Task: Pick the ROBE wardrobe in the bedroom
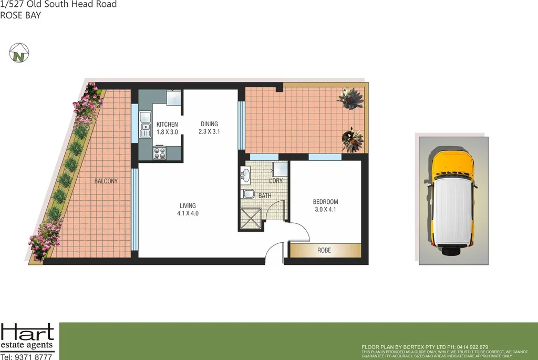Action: pyautogui.click(x=324, y=250)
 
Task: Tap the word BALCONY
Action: pyautogui.click(x=106, y=181)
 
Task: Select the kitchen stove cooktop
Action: pyautogui.click(x=159, y=153)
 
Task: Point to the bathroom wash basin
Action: pyautogui.click(x=246, y=174)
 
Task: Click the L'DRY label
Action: pyautogui.click(x=276, y=181)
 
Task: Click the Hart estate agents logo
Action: pyautogui.click(x=27, y=336)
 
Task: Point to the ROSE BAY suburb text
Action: pyautogui.click(x=20, y=15)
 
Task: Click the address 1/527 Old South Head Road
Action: pyautogui.click(x=58, y=5)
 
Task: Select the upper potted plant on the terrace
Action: pyautogui.click(x=349, y=98)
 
